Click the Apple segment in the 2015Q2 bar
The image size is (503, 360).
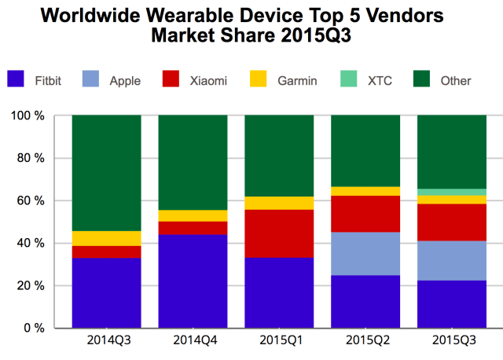365,254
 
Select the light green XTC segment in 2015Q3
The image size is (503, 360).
451,192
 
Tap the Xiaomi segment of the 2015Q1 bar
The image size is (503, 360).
279,233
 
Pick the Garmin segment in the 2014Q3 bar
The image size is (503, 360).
107,238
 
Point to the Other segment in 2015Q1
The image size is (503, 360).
279,156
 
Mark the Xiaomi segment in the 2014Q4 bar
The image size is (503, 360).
193,228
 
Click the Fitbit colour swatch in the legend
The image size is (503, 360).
17,79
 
